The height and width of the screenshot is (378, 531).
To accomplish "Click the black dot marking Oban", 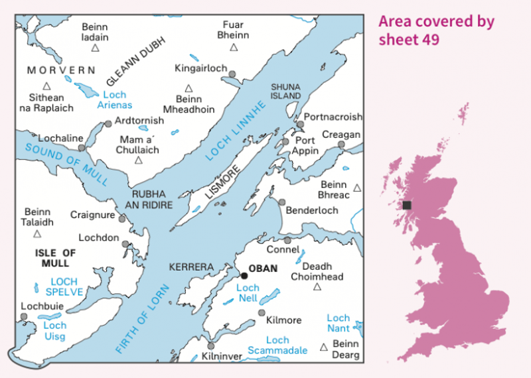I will tap(244, 275).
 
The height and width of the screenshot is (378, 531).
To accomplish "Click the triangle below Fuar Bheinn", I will tap(234, 47).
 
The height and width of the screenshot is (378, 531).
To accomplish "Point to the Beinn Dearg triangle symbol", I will tap(324, 347).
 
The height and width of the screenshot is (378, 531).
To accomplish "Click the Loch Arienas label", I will tap(115, 100).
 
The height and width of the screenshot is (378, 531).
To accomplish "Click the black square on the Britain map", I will tap(407, 206).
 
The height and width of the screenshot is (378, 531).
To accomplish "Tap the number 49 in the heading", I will tap(429, 39).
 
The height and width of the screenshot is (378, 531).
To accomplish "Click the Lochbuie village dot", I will tap(25, 317).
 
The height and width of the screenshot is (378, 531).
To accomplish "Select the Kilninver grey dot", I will tap(210, 346).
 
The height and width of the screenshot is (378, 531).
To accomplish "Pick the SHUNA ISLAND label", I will tap(286, 92).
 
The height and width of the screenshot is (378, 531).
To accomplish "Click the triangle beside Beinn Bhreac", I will tap(357, 188).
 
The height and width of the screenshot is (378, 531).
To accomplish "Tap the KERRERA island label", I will tap(192, 267).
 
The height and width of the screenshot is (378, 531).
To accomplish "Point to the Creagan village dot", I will tap(341, 145).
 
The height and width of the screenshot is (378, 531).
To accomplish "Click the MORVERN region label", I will tap(61, 70).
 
